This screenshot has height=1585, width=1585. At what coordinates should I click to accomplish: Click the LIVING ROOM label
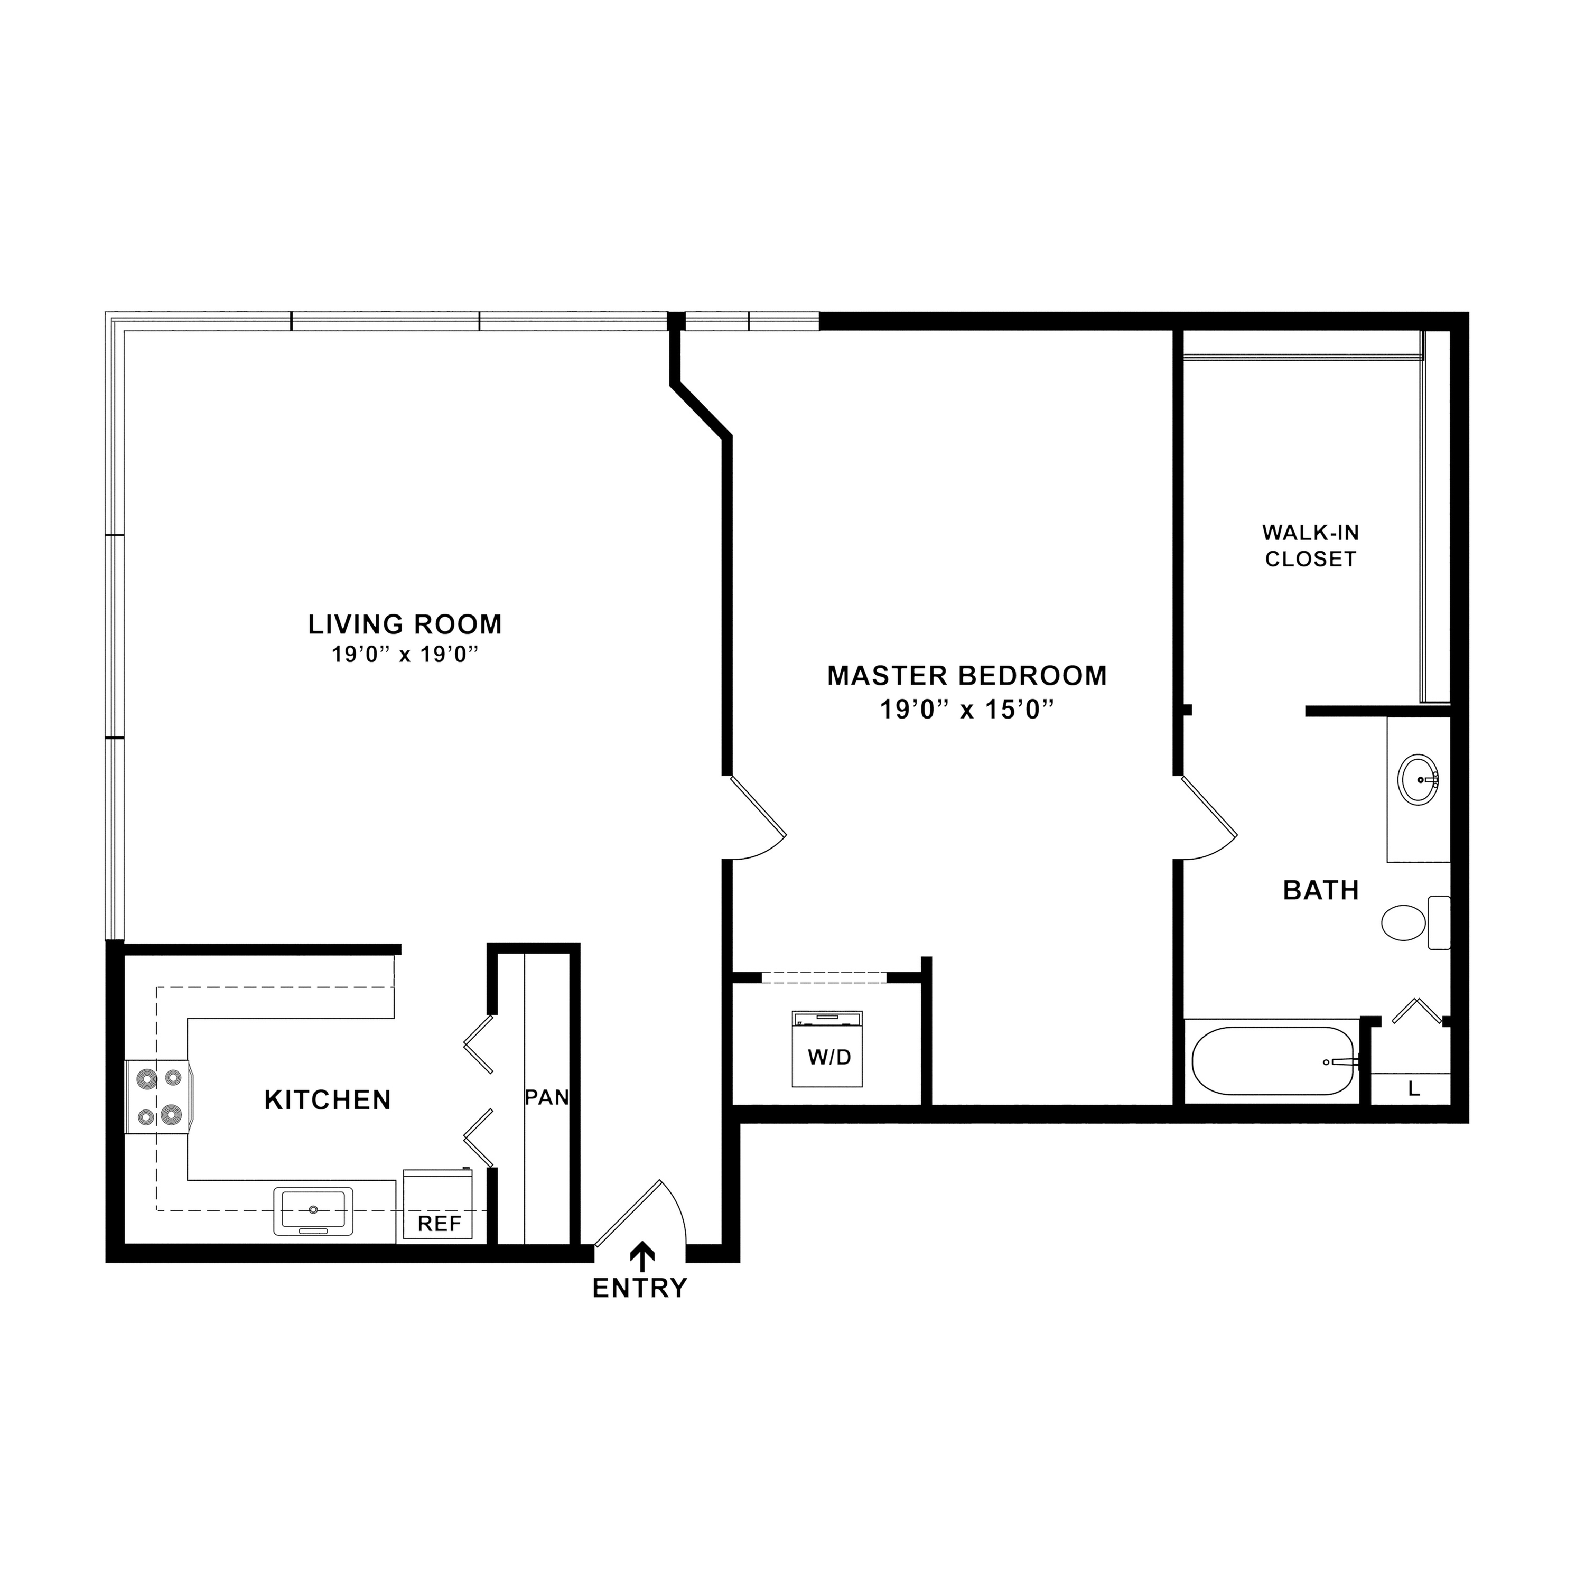tap(405, 624)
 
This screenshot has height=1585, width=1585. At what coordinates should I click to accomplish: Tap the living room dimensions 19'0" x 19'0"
tap(405, 655)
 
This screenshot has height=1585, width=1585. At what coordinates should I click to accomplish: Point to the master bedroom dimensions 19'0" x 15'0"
tap(967, 709)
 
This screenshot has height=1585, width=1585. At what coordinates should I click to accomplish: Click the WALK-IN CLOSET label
tap(1311, 546)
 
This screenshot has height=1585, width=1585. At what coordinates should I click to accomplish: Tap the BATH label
tap(1321, 890)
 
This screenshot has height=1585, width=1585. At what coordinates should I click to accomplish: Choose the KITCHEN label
tap(328, 1100)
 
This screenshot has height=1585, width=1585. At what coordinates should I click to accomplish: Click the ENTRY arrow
tap(641, 1256)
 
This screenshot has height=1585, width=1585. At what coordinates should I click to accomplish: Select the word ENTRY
tap(640, 1289)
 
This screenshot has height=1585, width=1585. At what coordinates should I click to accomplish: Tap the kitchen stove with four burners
tap(159, 1096)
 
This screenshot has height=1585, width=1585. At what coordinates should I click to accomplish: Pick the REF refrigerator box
tap(438, 1205)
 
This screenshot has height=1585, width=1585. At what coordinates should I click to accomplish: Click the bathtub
tap(1272, 1061)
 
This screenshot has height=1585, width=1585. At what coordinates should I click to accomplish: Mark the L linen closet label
tap(1413, 1089)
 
